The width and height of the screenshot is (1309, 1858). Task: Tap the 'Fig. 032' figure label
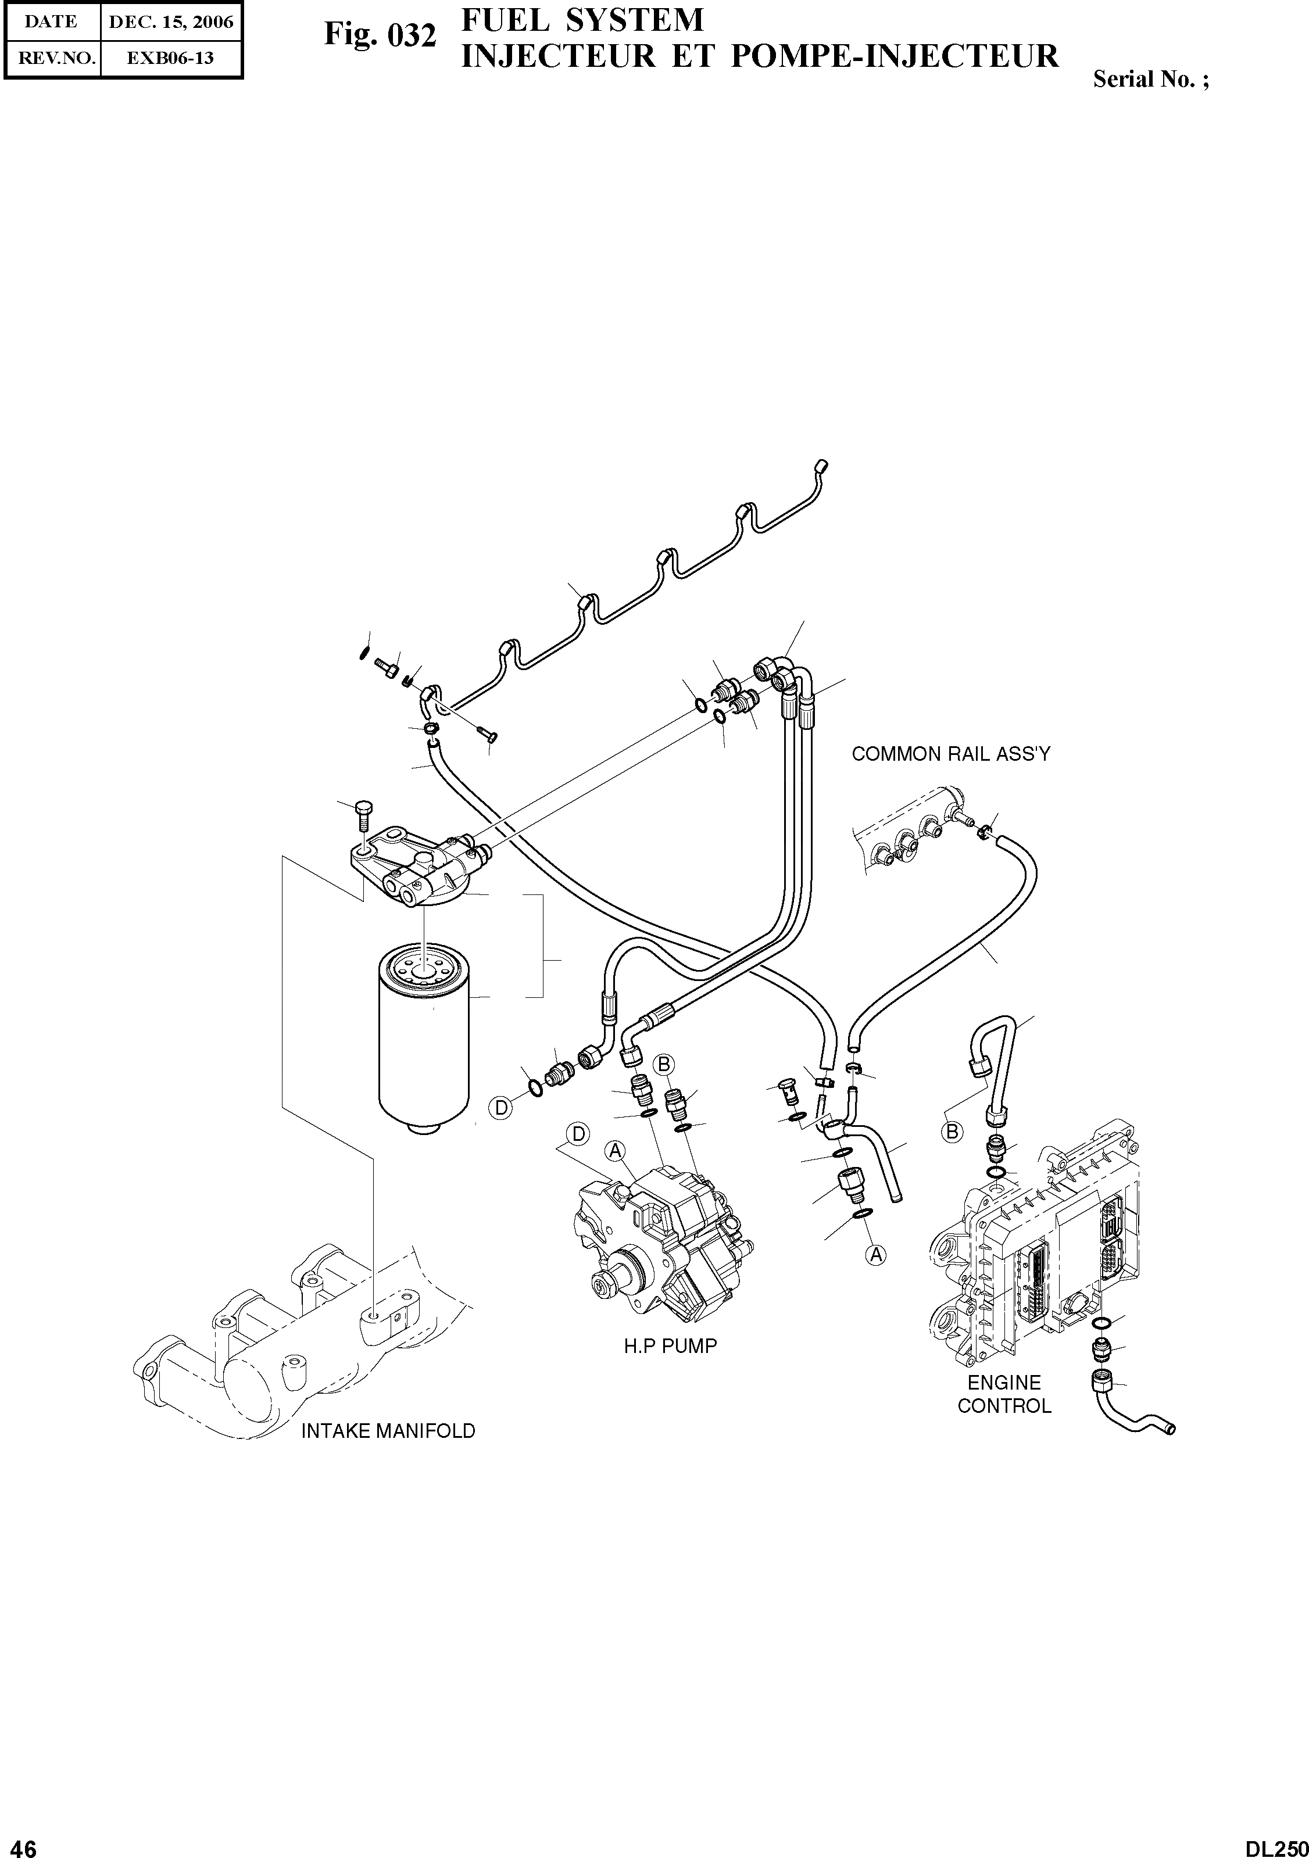[x=380, y=35]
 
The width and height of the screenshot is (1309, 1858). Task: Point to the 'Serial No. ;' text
[x=1151, y=79]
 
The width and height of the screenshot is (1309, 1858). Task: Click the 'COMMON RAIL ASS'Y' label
[x=950, y=754]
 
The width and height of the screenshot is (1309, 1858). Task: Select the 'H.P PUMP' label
[x=670, y=1347]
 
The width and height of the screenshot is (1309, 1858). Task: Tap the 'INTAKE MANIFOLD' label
[x=388, y=1454]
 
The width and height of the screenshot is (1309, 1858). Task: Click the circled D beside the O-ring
[x=502, y=1107]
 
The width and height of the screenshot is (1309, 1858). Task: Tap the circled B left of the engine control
[x=953, y=1132]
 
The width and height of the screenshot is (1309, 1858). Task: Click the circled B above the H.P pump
[x=664, y=1064]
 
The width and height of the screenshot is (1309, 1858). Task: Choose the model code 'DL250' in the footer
[x=1276, y=1843]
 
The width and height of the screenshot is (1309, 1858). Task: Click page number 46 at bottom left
[x=23, y=1843]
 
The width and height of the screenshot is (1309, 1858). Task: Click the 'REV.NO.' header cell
[x=52, y=58]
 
